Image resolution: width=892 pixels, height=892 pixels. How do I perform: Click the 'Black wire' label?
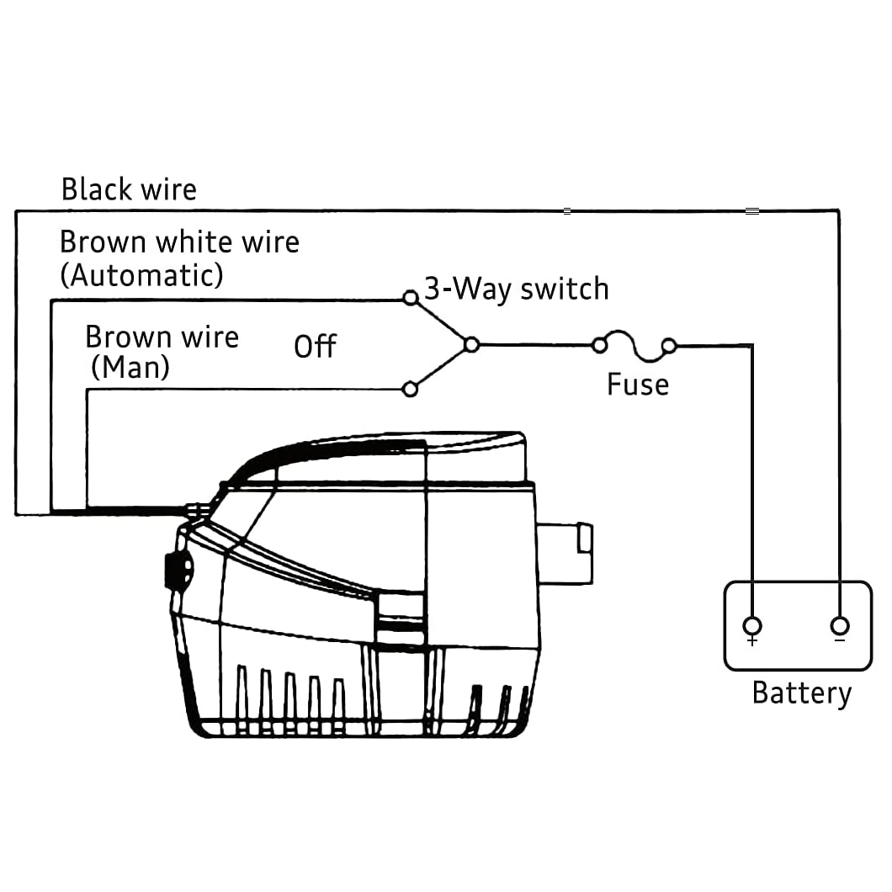point(129,189)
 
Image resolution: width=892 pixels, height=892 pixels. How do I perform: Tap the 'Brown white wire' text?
point(179,242)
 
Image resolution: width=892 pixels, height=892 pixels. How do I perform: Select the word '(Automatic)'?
point(141,275)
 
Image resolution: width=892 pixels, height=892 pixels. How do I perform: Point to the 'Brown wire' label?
point(162,337)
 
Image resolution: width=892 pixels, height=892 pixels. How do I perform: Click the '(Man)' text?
point(130,368)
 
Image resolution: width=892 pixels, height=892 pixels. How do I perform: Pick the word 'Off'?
point(315,346)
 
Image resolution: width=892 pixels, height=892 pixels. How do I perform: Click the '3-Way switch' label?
point(516,289)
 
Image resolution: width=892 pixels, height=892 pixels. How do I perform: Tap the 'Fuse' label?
point(638,385)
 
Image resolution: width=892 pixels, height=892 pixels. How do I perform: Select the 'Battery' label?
point(801,693)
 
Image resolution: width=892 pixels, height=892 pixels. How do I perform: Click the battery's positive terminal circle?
point(752,625)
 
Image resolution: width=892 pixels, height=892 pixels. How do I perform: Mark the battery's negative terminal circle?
point(839,625)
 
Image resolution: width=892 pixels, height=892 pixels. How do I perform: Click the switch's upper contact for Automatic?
point(411,297)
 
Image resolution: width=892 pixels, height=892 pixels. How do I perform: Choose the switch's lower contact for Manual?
point(411,389)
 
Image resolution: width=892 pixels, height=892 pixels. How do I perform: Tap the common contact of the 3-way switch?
point(472,344)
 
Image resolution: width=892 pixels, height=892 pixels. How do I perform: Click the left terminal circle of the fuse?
point(599,345)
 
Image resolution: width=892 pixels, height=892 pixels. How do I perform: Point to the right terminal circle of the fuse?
point(669,345)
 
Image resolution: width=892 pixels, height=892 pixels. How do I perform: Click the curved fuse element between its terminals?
point(634,338)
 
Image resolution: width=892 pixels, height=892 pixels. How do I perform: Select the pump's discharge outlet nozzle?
point(565,551)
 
